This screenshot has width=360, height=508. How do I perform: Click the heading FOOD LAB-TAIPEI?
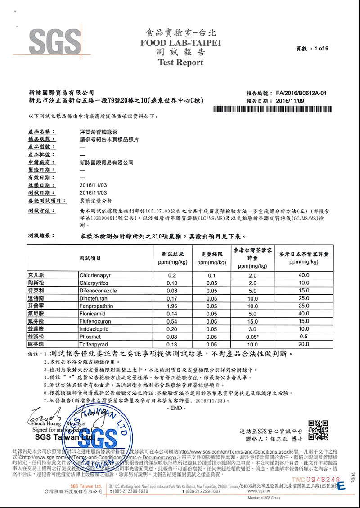[181, 43]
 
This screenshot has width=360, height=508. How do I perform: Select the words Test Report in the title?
[181, 63]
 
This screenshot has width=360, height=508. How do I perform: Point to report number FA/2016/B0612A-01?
[301, 93]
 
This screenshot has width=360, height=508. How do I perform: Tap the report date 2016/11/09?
[290, 101]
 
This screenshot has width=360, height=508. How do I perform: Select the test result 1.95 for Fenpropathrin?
[172, 306]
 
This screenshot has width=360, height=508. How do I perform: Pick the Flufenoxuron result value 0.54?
[172, 321]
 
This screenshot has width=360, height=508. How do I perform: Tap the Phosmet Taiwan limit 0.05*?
[252, 337]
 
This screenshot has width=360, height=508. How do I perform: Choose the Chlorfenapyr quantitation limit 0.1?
[211, 274]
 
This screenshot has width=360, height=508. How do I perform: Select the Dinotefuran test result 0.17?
[172, 298]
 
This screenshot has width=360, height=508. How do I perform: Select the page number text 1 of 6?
[321, 48]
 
